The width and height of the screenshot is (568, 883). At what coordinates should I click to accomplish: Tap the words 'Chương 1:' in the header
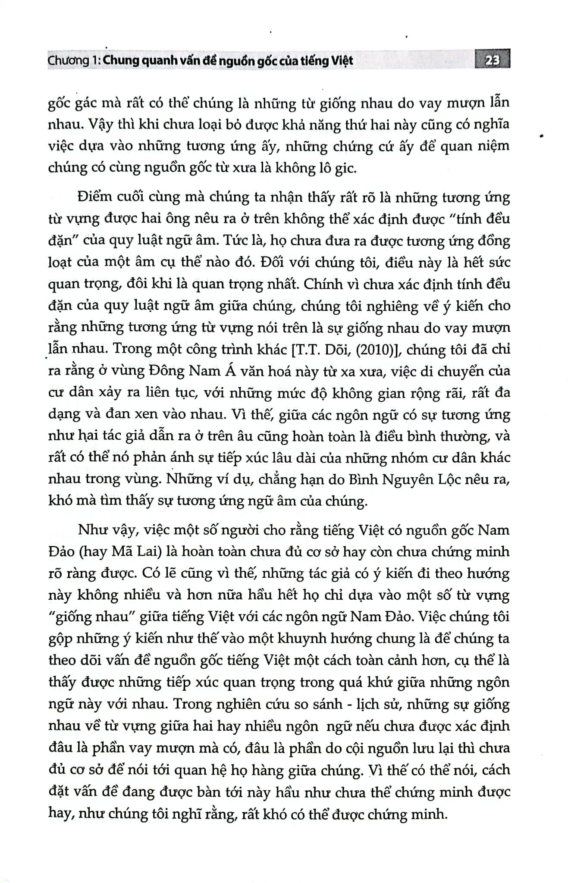pyautogui.click(x=69, y=61)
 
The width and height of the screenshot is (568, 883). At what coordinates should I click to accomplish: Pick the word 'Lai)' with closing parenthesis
pyautogui.click(x=141, y=552)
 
